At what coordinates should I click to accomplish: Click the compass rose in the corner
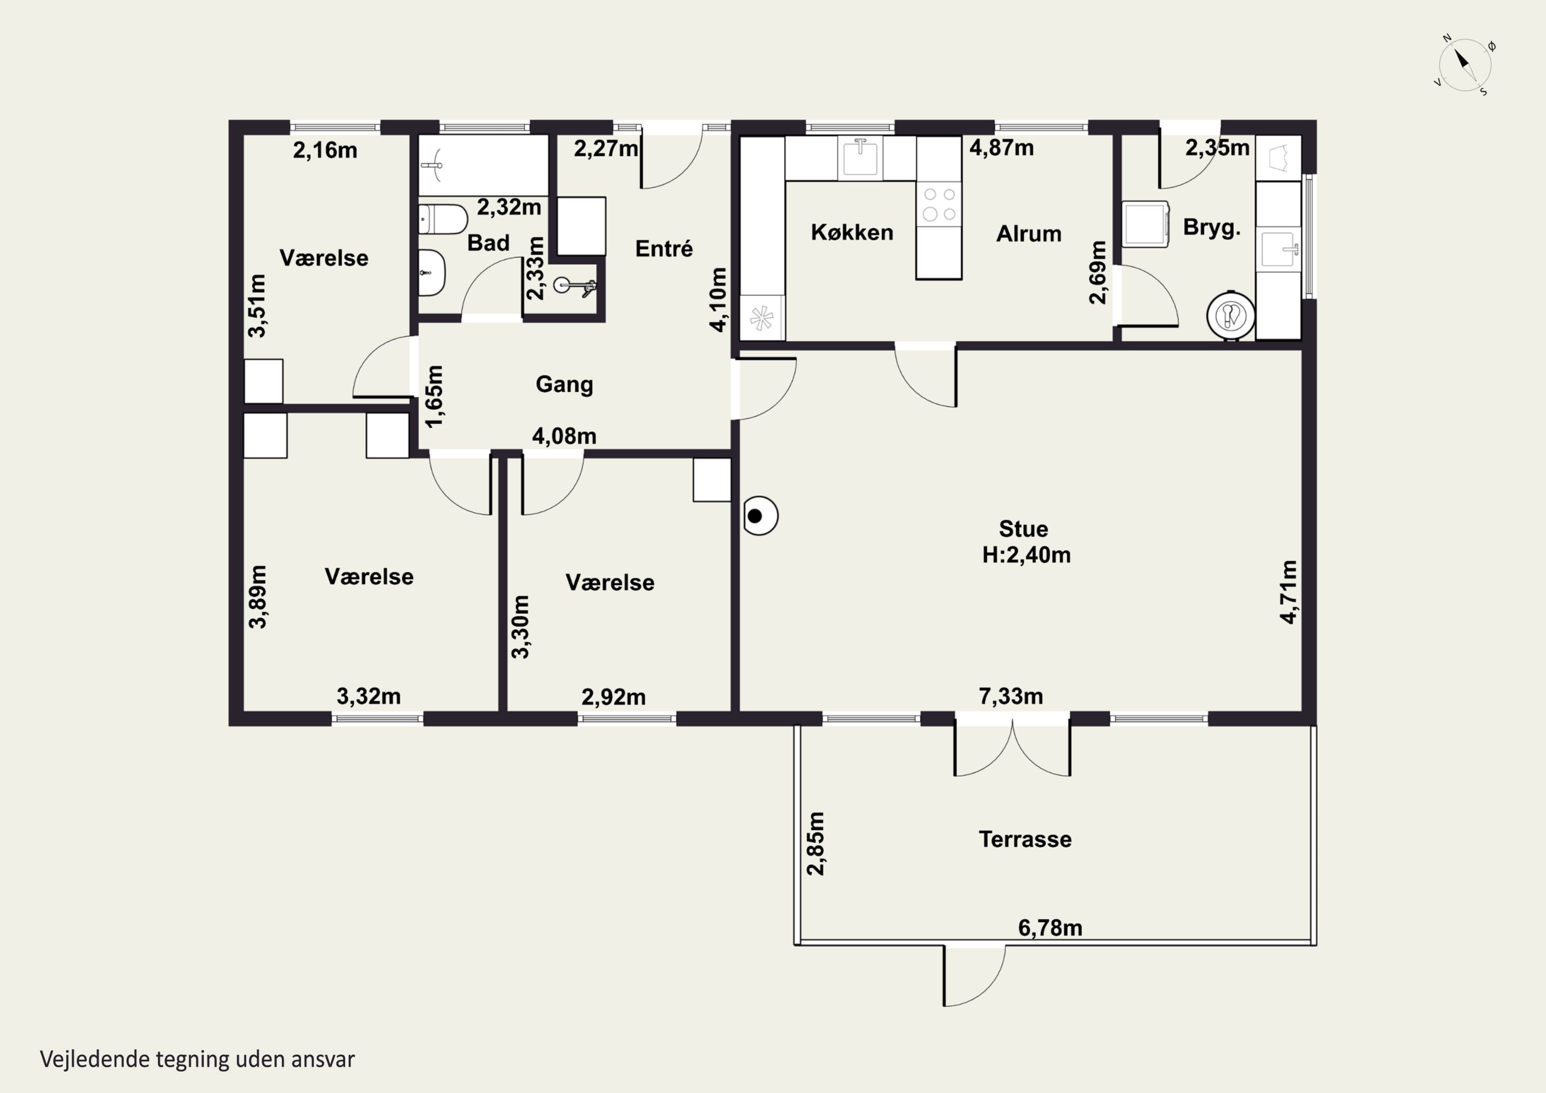click(1465, 64)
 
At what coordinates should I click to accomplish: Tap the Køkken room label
click(852, 232)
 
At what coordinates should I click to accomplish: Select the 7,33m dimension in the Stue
click(1011, 696)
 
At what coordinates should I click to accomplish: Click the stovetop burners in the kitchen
click(939, 204)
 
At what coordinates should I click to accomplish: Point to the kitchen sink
click(860, 158)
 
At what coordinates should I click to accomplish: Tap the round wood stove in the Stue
click(760, 516)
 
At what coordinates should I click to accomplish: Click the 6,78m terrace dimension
click(1050, 928)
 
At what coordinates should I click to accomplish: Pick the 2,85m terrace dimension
click(815, 843)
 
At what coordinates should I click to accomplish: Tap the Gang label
click(564, 384)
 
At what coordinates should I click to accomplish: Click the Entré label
click(664, 248)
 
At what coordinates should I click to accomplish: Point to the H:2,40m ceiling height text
click(1026, 555)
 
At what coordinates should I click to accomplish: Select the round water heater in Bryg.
click(1230, 315)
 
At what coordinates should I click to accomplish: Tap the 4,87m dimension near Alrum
click(1001, 147)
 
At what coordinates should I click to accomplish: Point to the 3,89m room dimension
click(258, 597)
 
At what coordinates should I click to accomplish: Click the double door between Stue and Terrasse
click(1012, 748)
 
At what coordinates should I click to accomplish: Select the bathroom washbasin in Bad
click(431, 273)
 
